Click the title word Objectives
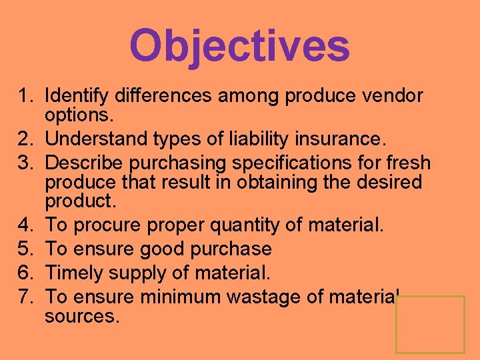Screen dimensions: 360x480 tap(239, 45)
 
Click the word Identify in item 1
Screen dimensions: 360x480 tap(79, 97)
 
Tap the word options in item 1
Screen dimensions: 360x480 tap(79, 115)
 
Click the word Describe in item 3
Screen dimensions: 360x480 tap(89, 163)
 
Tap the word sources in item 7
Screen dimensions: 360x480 tap(81, 315)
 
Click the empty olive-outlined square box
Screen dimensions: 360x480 tap(430, 325)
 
